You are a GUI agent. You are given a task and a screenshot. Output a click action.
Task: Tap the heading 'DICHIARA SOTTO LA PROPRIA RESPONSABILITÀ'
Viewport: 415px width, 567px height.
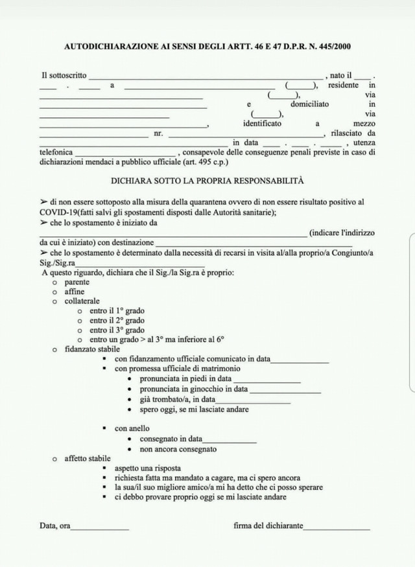tap(207, 181)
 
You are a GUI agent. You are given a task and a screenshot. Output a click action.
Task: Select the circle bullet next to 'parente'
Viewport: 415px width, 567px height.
tap(55, 283)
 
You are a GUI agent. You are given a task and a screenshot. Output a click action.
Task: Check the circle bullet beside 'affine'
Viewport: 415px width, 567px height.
tap(55, 292)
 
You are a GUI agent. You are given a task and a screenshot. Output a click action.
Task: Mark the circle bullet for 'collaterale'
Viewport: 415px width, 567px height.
tap(55, 301)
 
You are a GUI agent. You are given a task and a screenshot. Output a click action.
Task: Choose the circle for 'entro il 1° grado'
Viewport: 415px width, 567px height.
tap(79, 311)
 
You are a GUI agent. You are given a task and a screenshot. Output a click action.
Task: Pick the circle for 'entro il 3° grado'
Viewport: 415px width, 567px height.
tap(79, 330)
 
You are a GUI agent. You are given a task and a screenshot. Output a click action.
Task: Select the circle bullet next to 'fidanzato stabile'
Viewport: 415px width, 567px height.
tap(55, 349)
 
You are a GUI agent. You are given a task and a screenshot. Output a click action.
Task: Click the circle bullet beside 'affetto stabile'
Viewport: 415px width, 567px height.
tap(55, 459)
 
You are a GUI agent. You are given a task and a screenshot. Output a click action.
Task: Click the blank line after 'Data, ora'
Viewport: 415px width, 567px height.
tap(100, 529)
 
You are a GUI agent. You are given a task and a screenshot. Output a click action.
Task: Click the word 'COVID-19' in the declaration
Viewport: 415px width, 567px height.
tap(61, 213)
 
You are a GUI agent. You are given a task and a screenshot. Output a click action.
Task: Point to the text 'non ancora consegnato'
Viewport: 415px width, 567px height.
tap(178, 449)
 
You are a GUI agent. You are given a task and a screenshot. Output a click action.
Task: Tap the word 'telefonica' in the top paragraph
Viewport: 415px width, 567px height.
tap(56, 153)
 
